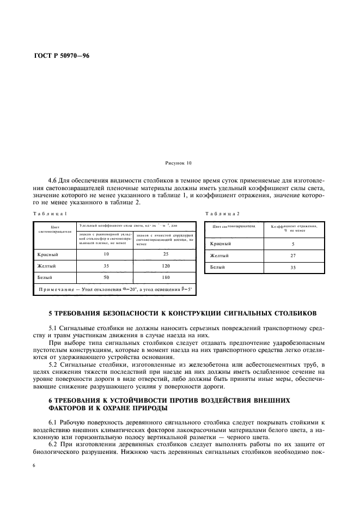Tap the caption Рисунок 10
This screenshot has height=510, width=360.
tap(178, 163)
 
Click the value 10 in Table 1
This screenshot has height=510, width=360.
tap(107, 254)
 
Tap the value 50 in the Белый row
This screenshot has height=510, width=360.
tap(107, 277)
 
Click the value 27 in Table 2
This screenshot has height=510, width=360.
tap(293, 255)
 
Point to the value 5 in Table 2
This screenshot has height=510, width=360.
tap(293, 244)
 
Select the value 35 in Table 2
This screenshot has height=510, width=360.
tap(293, 267)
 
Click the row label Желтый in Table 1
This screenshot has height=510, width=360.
tap(47, 266)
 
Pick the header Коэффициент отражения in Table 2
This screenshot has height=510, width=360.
tap(293, 225)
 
